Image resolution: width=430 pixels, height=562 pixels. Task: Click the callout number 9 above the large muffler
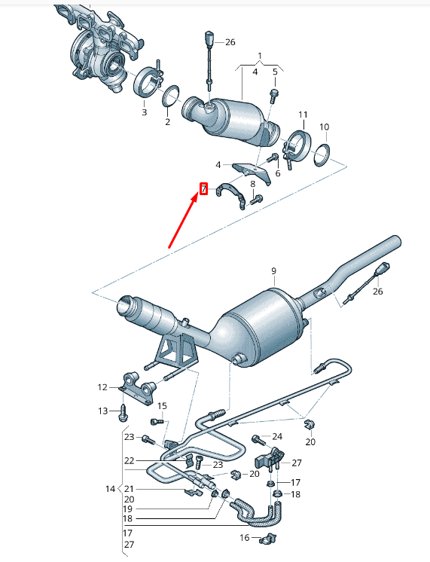click(274, 271)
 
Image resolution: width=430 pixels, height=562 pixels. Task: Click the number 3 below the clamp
click(144, 112)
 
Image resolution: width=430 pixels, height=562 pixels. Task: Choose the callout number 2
click(167, 121)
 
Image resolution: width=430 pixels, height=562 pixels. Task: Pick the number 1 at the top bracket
click(260, 57)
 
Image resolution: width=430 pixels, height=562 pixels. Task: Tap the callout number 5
click(275, 72)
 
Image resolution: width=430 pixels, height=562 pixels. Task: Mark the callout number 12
click(103, 387)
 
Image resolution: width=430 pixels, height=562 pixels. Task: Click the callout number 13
click(103, 411)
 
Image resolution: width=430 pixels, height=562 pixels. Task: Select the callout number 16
click(244, 537)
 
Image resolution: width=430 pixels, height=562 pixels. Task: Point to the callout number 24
click(276, 436)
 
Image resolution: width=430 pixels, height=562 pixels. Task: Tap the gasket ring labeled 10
click(322, 154)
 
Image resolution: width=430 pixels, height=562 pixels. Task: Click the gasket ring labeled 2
click(171, 97)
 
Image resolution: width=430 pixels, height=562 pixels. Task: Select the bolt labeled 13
click(124, 412)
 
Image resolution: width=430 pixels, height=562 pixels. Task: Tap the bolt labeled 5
click(273, 93)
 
